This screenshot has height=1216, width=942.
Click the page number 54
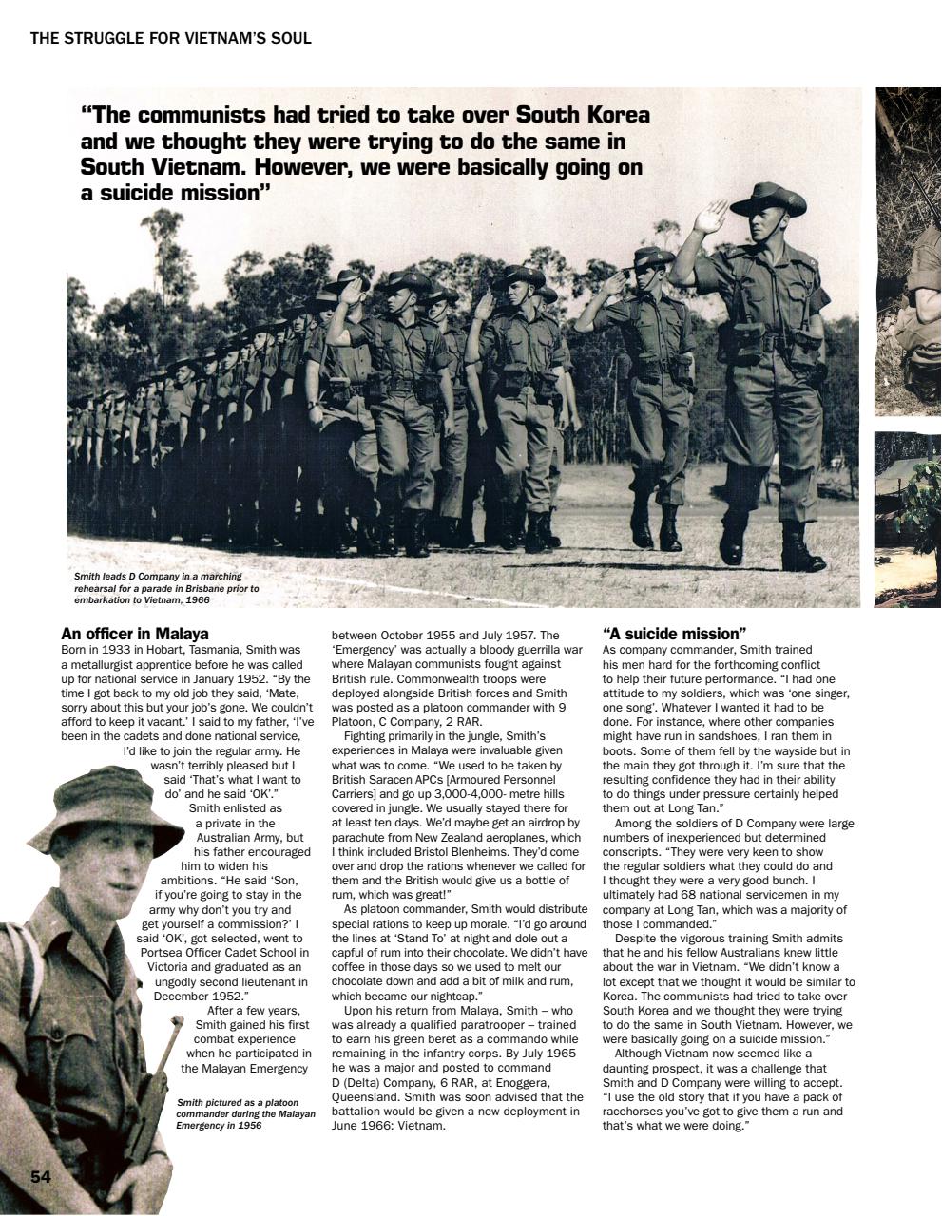click(x=40, y=1177)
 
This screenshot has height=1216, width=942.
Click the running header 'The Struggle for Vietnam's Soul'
click(x=171, y=39)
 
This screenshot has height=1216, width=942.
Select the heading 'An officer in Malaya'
click(x=134, y=634)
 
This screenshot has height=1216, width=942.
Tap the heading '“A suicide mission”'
click(x=674, y=634)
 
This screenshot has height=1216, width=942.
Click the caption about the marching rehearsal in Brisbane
click(x=166, y=588)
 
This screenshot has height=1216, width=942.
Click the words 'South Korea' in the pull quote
click(x=583, y=115)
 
